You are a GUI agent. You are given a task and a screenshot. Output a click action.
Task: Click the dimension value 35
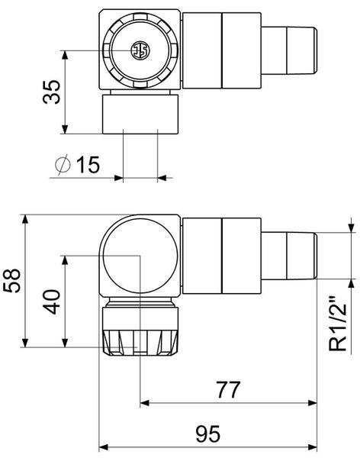[x=52, y=92]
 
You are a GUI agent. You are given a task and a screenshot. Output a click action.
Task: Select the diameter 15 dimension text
[x=78, y=164]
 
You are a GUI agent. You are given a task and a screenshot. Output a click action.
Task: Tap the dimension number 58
[x=12, y=280]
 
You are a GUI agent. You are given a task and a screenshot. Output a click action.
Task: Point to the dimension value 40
[x=52, y=302]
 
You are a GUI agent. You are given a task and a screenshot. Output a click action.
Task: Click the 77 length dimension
[x=229, y=389]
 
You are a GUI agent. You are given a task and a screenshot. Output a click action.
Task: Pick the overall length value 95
[x=208, y=434]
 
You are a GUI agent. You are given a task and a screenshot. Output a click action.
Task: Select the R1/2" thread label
[x=338, y=324]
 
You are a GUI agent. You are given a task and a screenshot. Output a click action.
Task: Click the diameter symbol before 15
[x=63, y=164]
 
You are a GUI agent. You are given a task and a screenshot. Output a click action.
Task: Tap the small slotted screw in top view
[x=140, y=50]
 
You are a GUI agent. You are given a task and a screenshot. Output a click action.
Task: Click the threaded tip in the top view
[x=289, y=50]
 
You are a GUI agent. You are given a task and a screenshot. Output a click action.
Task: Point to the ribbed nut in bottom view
[x=140, y=342]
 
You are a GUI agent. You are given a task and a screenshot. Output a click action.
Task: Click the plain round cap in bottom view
[x=140, y=256]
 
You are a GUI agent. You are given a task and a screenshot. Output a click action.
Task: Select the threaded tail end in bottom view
[x=289, y=256]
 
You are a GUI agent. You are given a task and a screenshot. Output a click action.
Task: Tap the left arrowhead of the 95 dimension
[x=104, y=447]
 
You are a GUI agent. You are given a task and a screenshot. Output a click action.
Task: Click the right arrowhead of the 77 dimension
[x=313, y=403]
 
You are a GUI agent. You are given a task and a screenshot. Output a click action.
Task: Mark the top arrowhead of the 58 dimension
[x=25, y=219]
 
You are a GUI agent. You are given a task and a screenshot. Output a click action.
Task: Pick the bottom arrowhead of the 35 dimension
[x=65, y=129]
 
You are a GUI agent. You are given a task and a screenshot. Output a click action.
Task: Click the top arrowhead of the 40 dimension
[x=65, y=260]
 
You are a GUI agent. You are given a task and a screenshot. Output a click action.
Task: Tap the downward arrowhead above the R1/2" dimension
[x=351, y=227]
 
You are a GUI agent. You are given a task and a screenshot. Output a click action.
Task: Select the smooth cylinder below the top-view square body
[x=140, y=114]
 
